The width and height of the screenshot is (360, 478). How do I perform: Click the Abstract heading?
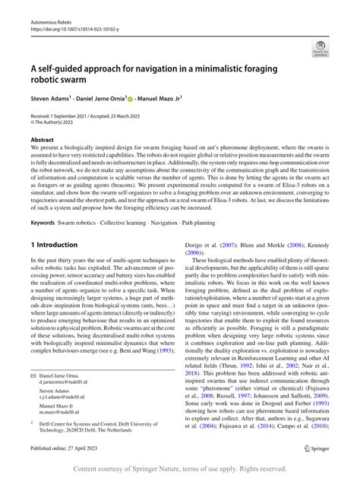(x=42, y=140)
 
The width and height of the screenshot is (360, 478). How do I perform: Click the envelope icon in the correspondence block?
(x=33, y=376)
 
